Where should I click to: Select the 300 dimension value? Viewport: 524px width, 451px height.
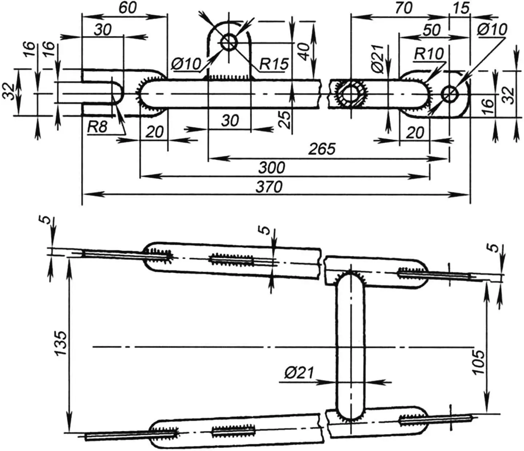tap(271, 168)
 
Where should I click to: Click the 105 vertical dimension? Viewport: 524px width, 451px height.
tap(479, 362)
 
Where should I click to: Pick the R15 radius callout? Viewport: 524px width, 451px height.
tap(274, 64)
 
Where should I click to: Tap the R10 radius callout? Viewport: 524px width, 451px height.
tap(429, 54)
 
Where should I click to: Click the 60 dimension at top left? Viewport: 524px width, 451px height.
tap(127, 8)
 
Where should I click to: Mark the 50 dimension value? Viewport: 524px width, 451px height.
tap(431, 30)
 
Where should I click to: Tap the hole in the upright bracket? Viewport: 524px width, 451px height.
tap(229, 43)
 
